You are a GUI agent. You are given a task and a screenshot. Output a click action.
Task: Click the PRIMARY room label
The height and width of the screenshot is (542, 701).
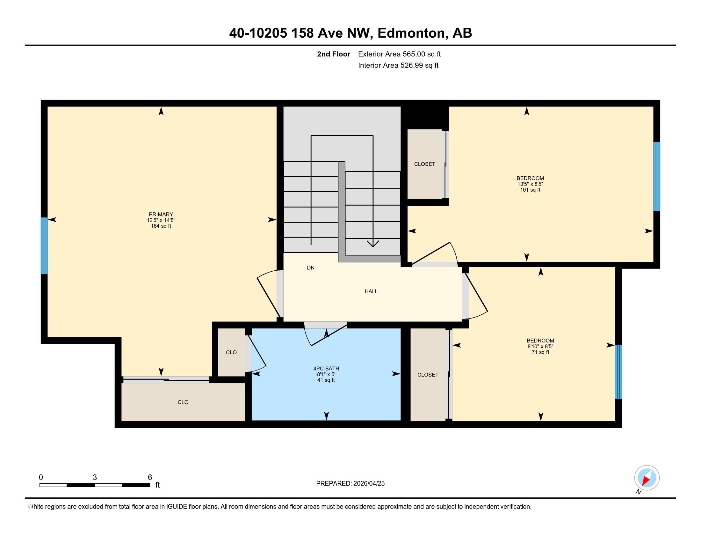coord(161,214)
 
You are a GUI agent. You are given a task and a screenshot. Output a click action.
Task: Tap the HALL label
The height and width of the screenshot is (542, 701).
coord(371,291)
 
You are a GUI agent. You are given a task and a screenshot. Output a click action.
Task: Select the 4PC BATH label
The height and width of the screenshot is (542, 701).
coord(326,369)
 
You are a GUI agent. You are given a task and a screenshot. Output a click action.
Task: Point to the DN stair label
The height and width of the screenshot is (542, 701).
coord(311,267)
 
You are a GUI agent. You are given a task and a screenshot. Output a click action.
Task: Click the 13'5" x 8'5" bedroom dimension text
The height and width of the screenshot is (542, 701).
coord(530,184)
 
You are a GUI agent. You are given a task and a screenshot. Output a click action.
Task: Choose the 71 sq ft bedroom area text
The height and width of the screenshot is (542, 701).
coord(540,352)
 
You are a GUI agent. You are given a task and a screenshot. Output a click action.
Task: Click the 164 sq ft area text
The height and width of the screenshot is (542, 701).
coord(161,226)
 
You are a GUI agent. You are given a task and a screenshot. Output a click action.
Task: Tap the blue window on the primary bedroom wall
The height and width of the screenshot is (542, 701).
coord(44,245)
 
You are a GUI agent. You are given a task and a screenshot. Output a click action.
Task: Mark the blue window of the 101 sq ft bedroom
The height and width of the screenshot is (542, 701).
coord(657,176)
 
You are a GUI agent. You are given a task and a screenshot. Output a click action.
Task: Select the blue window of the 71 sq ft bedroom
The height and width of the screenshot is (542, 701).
coord(618,372)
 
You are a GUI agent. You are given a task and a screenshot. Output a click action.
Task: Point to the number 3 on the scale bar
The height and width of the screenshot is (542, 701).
coord(95,478)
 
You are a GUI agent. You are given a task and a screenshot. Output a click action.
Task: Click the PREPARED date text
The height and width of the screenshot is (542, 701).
coord(350,484)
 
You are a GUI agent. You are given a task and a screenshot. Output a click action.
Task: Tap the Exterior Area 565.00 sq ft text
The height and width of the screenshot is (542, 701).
coord(399,54)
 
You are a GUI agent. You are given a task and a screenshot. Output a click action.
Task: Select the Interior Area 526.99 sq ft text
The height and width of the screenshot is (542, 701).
coord(398,65)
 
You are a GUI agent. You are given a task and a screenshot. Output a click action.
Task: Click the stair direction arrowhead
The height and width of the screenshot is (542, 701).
coord(373,244)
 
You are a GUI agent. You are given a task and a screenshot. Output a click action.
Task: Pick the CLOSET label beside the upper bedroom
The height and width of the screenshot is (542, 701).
coord(425,164)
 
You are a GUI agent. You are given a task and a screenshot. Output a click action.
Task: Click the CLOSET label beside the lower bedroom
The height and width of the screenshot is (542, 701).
coord(428,375)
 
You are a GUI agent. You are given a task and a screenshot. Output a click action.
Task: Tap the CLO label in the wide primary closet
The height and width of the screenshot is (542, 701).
coord(183,402)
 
